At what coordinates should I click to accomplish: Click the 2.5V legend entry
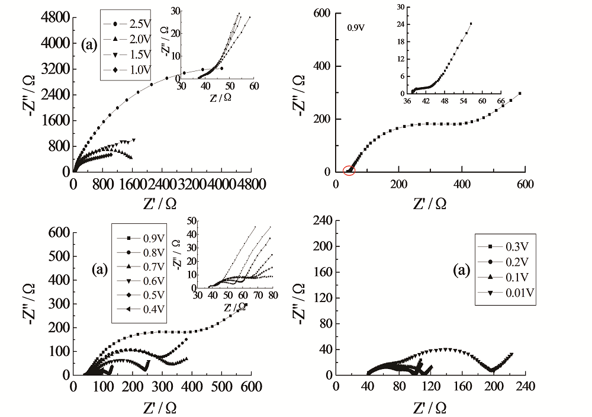pos(130,24)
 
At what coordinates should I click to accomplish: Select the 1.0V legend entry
pos(130,70)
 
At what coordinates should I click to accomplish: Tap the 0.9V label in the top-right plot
pos(356,27)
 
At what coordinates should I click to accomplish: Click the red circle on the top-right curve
pos(349,171)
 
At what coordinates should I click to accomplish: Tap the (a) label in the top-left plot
pos(90,45)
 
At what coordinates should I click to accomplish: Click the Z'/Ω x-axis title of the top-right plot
pos(430,204)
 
